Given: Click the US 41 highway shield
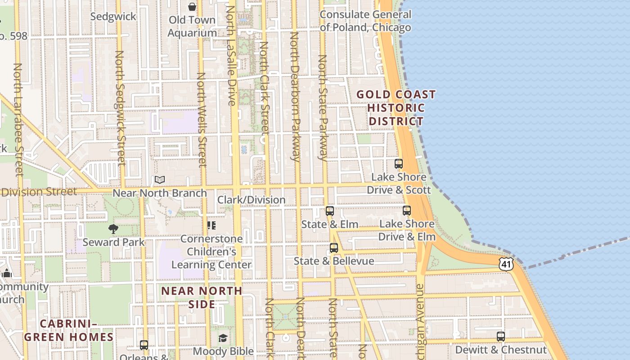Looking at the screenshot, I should click(x=506, y=264).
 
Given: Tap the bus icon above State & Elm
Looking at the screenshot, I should click(x=330, y=211).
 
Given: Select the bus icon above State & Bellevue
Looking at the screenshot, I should click(x=333, y=247).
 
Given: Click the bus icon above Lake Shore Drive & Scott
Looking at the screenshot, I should click(x=398, y=163).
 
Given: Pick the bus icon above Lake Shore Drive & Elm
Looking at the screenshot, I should click(x=407, y=210).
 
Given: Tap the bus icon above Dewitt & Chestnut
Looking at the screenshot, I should click(x=500, y=336).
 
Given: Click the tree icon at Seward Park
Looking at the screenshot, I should click(x=113, y=229).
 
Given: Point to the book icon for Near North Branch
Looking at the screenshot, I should click(x=160, y=180).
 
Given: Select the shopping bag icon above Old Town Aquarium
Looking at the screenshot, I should click(x=192, y=7).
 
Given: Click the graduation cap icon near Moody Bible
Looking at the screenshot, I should click(x=223, y=338).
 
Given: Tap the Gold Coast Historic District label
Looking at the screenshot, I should click(x=396, y=108).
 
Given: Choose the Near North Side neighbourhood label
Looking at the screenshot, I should click(x=202, y=297).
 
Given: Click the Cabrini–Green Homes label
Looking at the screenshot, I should click(x=69, y=330).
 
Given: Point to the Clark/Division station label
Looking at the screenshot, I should click(x=252, y=200).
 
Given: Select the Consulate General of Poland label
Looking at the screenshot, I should click(x=365, y=21).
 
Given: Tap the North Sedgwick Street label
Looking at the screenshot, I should click(x=120, y=108).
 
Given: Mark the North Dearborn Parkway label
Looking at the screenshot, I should click(x=295, y=97).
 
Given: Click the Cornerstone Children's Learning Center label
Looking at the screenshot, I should click(x=211, y=252).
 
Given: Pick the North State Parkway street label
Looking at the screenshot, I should click(x=323, y=108).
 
